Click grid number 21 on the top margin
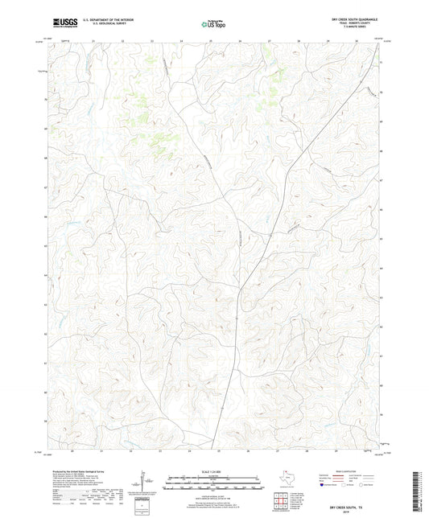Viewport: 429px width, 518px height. (x=93, y=39)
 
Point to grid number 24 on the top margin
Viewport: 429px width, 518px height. (x=181, y=39)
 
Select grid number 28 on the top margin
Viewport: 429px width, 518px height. (x=299, y=39)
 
